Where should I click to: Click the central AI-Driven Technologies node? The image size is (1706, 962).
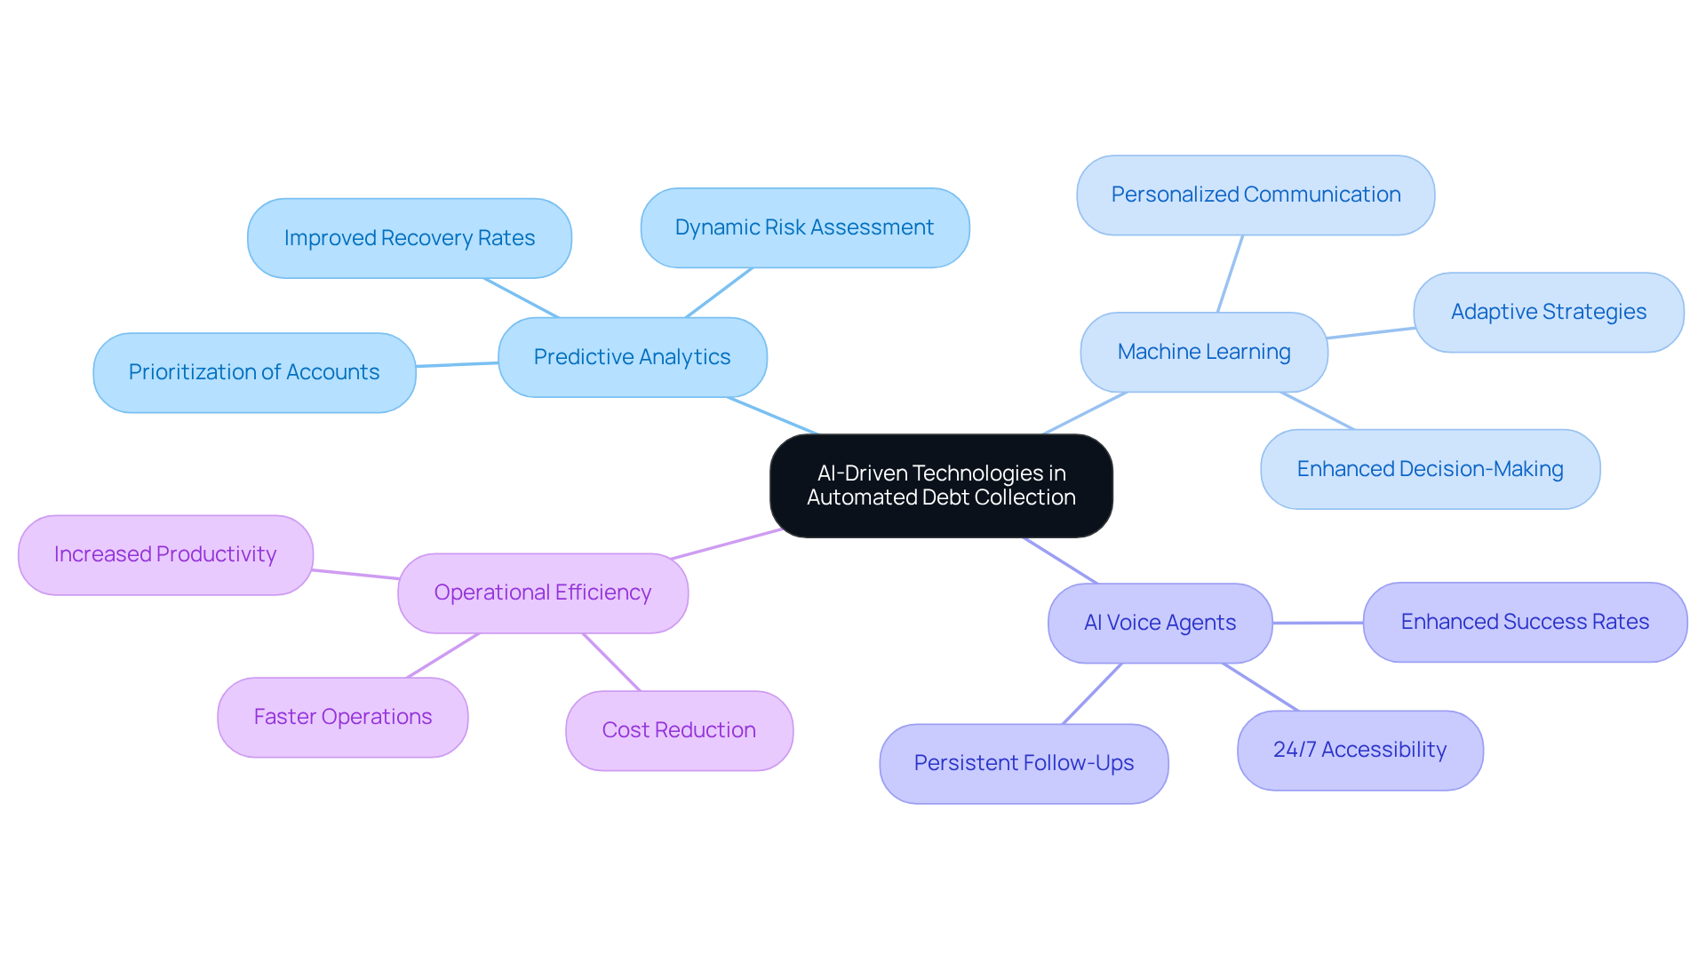point(941,486)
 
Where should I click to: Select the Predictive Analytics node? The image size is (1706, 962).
point(632,357)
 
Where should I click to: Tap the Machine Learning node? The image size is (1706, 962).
point(1203,352)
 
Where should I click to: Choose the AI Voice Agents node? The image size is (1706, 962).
point(1160,623)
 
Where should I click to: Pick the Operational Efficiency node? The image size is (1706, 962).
point(542,592)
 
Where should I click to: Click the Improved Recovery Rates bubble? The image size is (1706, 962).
point(409,238)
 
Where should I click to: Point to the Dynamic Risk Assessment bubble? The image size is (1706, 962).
point(804,227)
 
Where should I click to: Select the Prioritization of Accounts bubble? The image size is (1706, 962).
point(254,372)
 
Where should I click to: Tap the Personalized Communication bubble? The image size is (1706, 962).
point(1255,195)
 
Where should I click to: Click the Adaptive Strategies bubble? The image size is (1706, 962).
point(1548,312)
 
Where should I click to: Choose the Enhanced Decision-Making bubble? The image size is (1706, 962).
point(1430,469)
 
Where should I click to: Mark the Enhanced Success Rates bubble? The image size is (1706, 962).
point(1525,622)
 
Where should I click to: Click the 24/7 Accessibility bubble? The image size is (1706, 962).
point(1359,750)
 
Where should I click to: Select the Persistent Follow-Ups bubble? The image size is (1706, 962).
point(1024,763)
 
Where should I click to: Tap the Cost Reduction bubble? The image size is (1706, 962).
point(679,730)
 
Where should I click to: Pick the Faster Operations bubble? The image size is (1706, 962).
point(342,717)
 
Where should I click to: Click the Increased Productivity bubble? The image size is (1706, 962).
point(165,554)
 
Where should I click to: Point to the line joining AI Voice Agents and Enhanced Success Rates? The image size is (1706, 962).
point(1318,623)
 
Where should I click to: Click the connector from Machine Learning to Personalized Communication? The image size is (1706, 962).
point(1230,274)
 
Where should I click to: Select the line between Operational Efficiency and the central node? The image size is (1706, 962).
point(727,544)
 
